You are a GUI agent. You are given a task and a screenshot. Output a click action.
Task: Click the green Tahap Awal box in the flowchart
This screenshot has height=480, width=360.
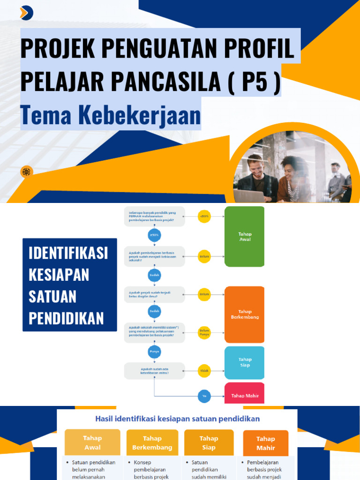point(244,236)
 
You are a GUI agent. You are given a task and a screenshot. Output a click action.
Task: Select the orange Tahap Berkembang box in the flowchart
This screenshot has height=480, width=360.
point(244,314)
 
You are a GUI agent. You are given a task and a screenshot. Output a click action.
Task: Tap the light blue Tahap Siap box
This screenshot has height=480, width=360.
point(244,362)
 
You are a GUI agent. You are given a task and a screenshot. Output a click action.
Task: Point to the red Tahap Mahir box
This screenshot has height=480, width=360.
point(244,395)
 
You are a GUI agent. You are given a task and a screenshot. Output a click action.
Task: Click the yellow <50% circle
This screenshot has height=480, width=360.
point(204,217)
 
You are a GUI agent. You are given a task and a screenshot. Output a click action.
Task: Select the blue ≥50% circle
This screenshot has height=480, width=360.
point(154,235)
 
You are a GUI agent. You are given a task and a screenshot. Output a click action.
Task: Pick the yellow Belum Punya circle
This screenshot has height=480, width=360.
point(204,333)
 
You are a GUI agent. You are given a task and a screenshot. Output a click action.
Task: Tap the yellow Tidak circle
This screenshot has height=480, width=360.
point(204,371)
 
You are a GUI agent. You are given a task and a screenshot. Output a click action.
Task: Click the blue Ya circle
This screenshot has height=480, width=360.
point(204,396)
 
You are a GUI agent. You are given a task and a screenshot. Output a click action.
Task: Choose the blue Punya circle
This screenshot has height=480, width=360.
point(154,351)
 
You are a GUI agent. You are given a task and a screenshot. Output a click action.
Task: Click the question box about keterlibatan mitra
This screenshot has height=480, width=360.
point(154,371)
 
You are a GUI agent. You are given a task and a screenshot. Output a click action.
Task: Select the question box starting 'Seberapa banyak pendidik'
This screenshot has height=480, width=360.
point(154,217)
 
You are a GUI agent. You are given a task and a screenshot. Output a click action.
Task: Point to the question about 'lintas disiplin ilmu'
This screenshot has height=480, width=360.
point(154,294)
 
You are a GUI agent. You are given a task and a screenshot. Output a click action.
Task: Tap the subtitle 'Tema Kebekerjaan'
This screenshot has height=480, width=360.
point(111,115)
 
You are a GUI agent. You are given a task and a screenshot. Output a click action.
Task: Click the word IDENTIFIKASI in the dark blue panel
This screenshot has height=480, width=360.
point(68,253)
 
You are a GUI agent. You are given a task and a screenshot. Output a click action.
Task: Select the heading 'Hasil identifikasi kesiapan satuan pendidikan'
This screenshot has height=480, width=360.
point(177,418)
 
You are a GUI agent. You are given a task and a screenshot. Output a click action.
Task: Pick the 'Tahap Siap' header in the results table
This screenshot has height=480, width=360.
point(209,442)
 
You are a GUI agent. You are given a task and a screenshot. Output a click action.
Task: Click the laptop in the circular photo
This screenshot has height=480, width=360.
point(248,195)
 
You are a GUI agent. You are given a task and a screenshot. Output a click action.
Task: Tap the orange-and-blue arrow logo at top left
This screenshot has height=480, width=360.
point(26,13)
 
